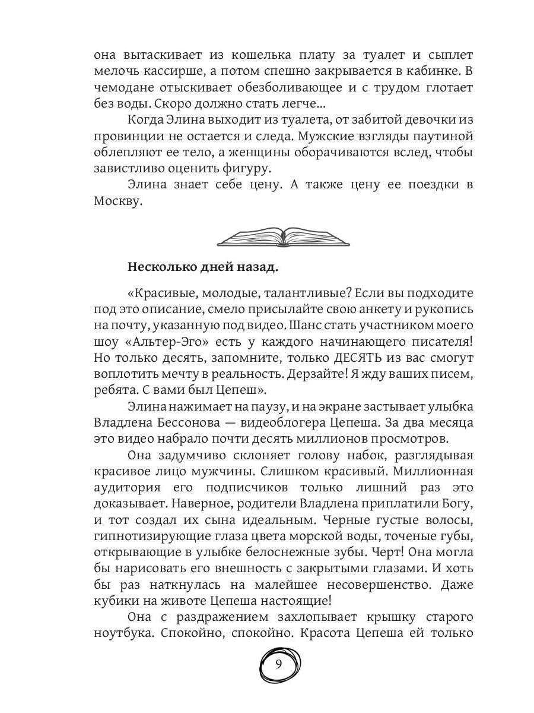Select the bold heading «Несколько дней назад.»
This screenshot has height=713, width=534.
(202, 267)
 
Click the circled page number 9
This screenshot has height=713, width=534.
(279, 664)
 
